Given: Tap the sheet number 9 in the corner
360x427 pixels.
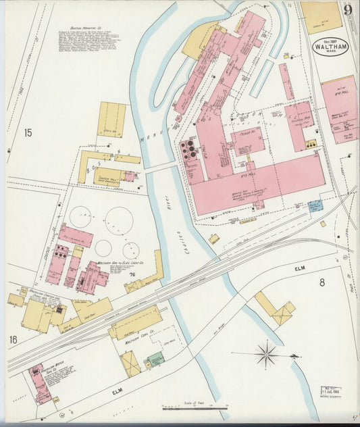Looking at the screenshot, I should (346, 10).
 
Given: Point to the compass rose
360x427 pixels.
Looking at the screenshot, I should (266, 353).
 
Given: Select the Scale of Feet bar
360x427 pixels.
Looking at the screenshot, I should (203, 408).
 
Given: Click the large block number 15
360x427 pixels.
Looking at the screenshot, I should (28, 133).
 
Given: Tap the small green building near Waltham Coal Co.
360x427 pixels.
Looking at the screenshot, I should (155, 360).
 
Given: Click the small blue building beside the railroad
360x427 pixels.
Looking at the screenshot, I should (315, 207).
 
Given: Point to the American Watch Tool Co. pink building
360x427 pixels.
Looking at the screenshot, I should (39, 383).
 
